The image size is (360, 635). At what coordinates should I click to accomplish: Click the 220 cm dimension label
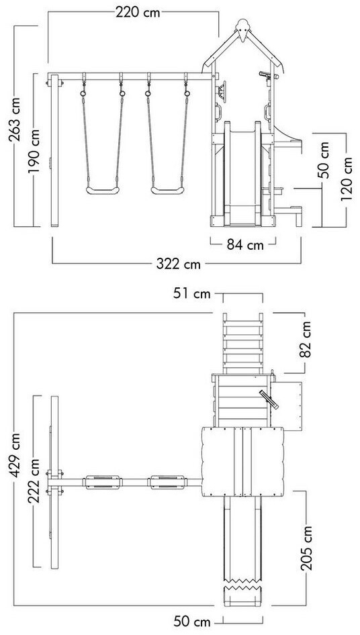click(x=138, y=13)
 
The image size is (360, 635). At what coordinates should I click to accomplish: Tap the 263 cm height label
click(x=15, y=119)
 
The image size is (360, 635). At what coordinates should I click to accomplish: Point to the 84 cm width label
click(x=245, y=245)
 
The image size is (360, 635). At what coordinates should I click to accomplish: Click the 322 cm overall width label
click(x=179, y=264)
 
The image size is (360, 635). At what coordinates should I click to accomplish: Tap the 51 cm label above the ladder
click(x=192, y=293)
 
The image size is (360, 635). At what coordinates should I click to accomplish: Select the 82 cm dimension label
click(x=306, y=340)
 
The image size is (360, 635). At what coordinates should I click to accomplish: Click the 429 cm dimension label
click(x=15, y=454)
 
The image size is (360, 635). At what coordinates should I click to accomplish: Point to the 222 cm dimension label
click(x=34, y=481)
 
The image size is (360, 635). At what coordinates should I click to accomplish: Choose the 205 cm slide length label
click(x=307, y=548)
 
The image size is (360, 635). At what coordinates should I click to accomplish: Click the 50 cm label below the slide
click(x=192, y=621)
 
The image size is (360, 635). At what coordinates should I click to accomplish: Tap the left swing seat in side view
click(x=103, y=190)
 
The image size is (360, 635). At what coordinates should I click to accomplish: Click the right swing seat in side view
click(x=167, y=190)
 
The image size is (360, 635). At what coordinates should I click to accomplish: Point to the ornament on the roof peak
click(x=242, y=30)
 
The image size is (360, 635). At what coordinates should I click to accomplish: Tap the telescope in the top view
click(x=269, y=399)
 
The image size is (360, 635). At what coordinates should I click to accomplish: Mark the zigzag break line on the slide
click(x=242, y=585)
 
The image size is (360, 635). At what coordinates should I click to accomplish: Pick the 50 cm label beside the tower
click(x=324, y=160)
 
